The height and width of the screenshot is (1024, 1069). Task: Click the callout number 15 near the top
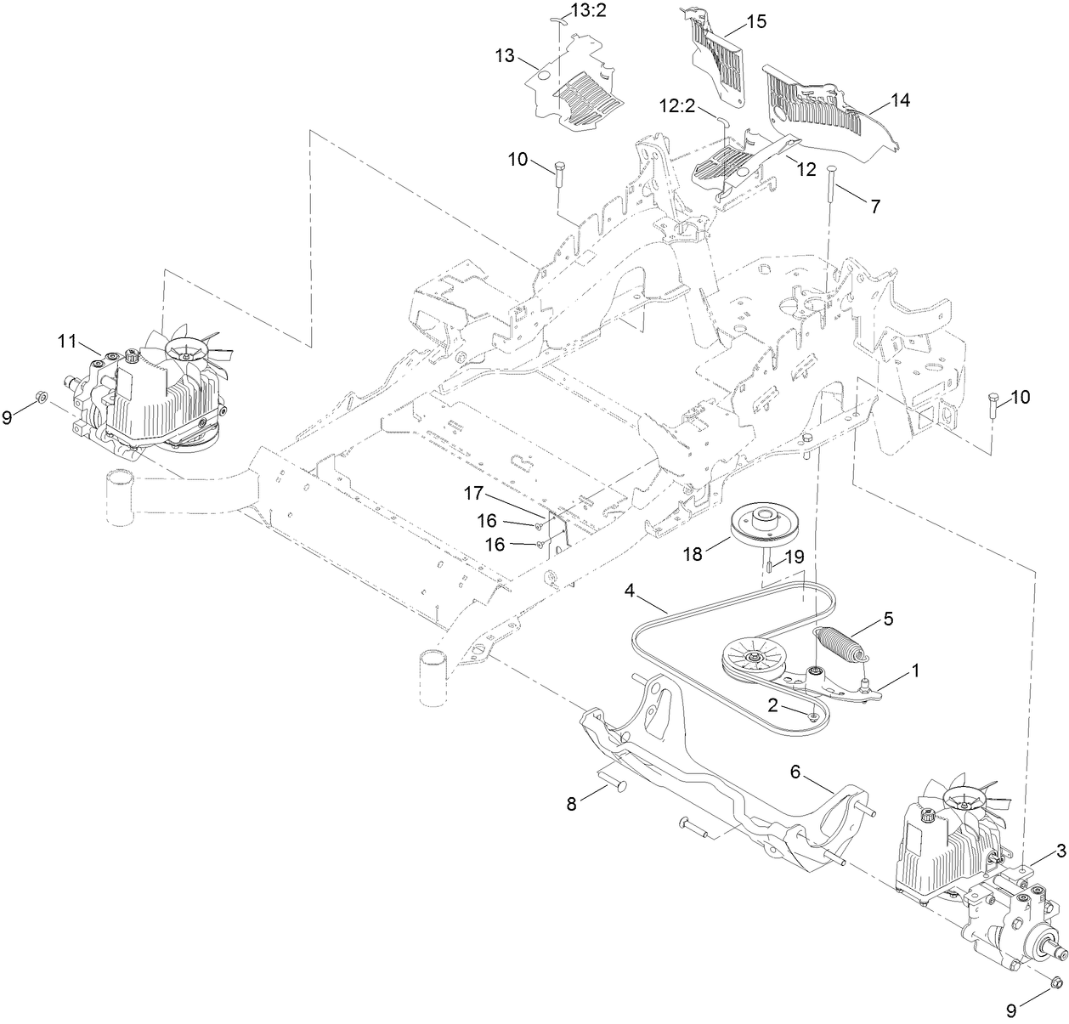755,22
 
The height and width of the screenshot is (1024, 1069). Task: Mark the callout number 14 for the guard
900,100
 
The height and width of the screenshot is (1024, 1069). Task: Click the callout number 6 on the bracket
795,771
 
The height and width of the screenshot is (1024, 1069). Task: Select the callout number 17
473,493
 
